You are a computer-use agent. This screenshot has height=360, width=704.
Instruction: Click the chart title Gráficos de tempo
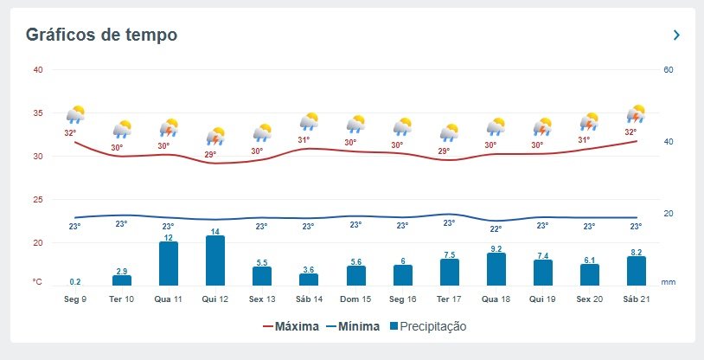pos(102,35)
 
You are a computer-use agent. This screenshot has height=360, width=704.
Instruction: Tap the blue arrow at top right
pos(676,35)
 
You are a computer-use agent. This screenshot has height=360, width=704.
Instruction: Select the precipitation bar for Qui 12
pos(215,260)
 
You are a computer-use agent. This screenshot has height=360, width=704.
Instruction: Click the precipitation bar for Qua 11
pos(169,263)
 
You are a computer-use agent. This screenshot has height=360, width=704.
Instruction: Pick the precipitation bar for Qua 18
pos(496,269)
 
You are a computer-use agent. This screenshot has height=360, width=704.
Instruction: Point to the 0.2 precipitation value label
pos(75,282)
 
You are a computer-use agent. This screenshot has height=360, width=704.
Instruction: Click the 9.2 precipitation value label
pos(496,248)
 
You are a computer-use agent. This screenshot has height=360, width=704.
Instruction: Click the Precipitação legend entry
pos(427,326)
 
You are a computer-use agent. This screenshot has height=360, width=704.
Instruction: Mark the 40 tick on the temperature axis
pos(37,70)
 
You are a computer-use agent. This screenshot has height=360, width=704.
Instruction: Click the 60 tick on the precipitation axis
pos(668,70)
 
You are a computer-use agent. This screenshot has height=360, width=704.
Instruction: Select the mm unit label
pos(668,282)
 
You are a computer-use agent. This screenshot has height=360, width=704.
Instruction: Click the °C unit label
pos(37,282)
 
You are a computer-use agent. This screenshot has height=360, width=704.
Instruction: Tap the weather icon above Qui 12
pos(215,136)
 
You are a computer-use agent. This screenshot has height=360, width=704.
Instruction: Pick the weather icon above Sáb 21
pos(637,114)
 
